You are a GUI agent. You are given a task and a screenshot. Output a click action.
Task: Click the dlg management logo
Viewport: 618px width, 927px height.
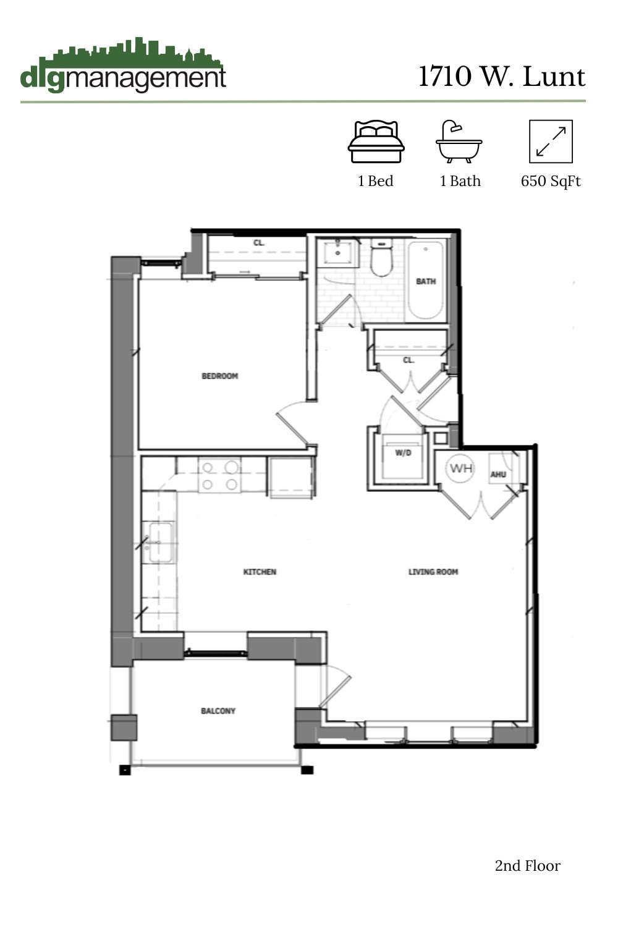pyautogui.click(x=122, y=67)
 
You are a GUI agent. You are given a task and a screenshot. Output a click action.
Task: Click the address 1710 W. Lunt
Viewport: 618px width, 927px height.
pyautogui.click(x=501, y=77)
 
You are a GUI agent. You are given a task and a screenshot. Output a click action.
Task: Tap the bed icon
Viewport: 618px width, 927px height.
pyautogui.click(x=376, y=142)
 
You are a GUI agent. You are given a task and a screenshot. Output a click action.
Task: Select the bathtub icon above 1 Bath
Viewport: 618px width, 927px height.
pyautogui.click(x=459, y=142)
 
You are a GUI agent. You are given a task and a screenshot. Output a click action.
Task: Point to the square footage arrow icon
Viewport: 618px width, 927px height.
pyautogui.click(x=551, y=142)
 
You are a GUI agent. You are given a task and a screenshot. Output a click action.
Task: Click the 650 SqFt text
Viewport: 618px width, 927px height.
pyautogui.click(x=551, y=181)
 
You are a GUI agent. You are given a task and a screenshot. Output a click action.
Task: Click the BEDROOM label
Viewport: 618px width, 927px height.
pyautogui.click(x=219, y=376)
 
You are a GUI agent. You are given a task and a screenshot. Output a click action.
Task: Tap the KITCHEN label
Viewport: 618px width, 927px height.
pyautogui.click(x=260, y=572)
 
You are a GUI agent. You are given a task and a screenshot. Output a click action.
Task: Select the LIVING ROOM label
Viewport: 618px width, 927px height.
pyautogui.click(x=433, y=572)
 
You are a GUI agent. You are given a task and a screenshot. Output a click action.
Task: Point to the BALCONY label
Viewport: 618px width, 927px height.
pyautogui.click(x=218, y=711)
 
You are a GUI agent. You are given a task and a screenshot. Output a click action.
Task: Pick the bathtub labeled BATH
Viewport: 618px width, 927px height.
pyautogui.click(x=426, y=280)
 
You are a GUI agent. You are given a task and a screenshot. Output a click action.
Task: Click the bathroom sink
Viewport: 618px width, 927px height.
pyautogui.click(x=338, y=253)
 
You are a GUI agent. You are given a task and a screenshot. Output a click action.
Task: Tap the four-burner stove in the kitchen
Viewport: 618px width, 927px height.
pyautogui.click(x=219, y=476)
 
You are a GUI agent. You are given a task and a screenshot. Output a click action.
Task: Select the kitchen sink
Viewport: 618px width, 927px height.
pyautogui.click(x=159, y=543)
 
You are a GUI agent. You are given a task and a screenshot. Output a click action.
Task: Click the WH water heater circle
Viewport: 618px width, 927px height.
pyautogui.click(x=461, y=468)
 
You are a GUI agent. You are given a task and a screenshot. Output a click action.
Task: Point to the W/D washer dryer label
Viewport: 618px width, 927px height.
pyautogui.click(x=403, y=453)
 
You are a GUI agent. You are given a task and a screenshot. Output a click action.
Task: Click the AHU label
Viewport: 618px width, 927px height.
pyautogui.click(x=498, y=475)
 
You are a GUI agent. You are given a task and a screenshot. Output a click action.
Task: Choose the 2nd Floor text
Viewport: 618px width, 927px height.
pyautogui.click(x=527, y=866)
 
